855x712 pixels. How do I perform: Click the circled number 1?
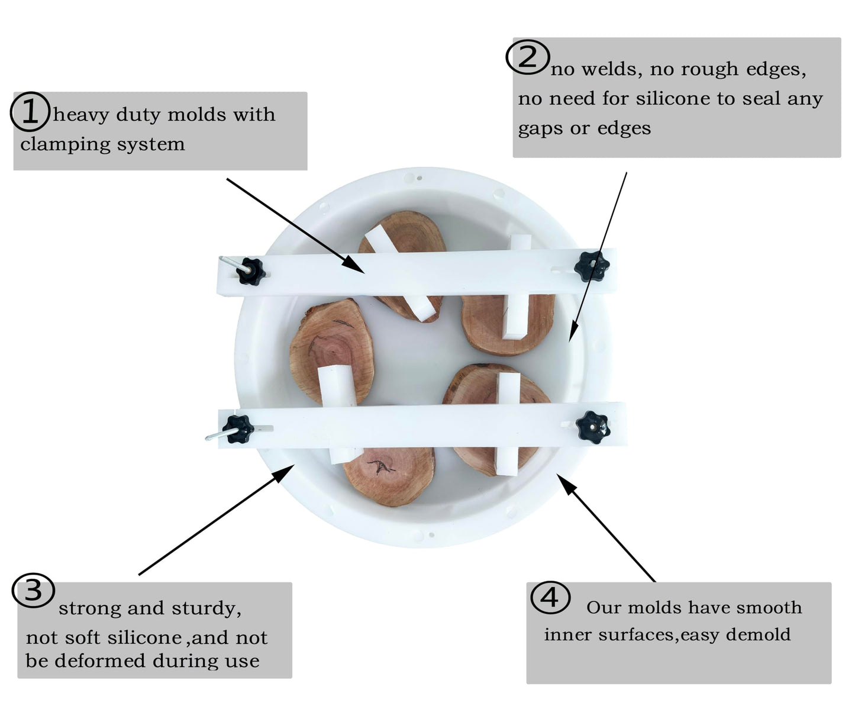pyautogui.click(x=30, y=111)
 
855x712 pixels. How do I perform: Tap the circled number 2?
pyautogui.click(x=527, y=57)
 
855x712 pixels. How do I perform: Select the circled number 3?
pyautogui.click(x=33, y=590)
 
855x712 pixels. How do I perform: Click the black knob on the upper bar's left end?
pyautogui.click(x=251, y=271)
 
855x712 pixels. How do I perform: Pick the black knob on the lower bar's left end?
pyautogui.click(x=238, y=429)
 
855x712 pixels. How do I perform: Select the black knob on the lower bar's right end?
pyautogui.click(x=592, y=427)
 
